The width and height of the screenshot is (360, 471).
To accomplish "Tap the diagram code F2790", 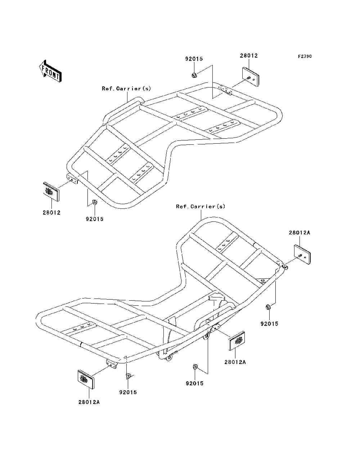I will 304,57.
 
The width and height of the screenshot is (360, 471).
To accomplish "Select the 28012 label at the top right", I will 249,56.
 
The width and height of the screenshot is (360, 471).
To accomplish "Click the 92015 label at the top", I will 194,59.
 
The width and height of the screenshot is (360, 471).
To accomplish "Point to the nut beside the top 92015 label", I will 194,75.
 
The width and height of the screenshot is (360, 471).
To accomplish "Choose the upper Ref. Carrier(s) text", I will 126,89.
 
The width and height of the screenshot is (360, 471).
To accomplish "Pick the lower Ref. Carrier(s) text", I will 201,206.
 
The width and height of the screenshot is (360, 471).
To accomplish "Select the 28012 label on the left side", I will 51,212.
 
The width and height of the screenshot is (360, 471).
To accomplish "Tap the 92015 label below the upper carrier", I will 94,219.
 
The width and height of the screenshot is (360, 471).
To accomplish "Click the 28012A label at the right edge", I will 299,233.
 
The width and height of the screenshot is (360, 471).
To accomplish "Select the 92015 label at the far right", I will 269,324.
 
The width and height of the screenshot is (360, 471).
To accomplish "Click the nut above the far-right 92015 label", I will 268,307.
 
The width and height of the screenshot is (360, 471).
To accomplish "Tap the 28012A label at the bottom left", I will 89,402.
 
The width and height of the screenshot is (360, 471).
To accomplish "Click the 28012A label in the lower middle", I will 235,362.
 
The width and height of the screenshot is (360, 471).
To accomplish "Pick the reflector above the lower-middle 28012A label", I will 237,341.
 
